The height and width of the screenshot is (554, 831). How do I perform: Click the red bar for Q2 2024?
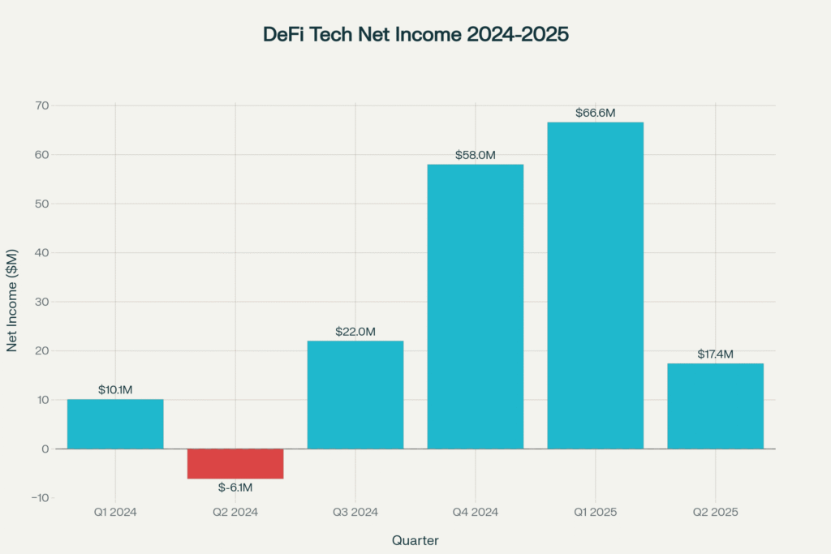[x=235, y=463]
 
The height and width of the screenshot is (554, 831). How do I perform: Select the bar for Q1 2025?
[x=595, y=285]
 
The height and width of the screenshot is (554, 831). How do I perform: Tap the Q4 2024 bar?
[x=475, y=306]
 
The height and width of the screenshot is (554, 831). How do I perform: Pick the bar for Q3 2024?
[x=355, y=394]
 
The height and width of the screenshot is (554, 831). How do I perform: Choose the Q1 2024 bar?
[x=115, y=423]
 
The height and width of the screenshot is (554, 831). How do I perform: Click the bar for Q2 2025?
[x=715, y=406]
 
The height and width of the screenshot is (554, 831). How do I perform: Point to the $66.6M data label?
[x=595, y=113]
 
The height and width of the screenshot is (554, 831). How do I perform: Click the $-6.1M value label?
[x=235, y=487]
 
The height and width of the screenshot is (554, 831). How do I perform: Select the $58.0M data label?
[x=475, y=155]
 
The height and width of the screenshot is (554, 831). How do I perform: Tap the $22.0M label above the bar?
[x=355, y=332]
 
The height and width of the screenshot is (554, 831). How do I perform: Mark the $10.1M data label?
[x=115, y=390]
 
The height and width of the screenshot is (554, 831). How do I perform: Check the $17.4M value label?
[x=715, y=354]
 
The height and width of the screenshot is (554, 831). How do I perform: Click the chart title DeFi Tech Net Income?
[x=415, y=35]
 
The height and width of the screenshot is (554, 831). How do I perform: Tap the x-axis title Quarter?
[x=415, y=539]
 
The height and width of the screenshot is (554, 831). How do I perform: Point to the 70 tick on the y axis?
[x=41, y=105]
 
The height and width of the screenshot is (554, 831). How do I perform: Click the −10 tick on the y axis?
[x=39, y=497]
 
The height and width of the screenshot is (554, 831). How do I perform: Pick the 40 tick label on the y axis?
[x=41, y=252]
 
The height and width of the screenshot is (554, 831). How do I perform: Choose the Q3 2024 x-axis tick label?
[x=355, y=513]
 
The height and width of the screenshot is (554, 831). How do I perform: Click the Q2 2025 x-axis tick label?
[x=715, y=513]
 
